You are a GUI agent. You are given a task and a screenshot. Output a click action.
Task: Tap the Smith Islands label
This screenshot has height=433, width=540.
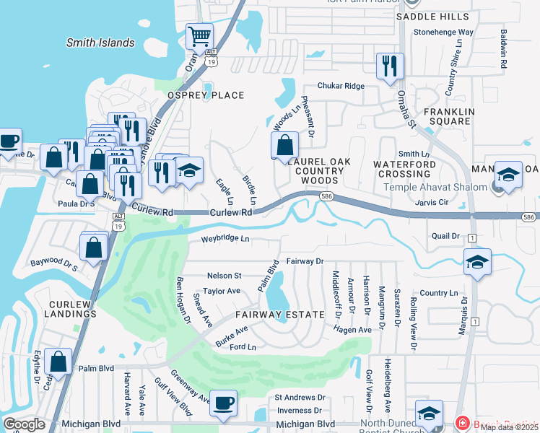click(100, 43)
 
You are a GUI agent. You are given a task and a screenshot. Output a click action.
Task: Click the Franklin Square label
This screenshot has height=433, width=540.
click(449, 117)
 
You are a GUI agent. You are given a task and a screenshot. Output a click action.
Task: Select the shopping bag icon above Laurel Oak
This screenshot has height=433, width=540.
click(285, 144)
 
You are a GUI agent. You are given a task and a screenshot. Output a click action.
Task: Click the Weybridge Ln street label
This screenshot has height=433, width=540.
click(225, 238)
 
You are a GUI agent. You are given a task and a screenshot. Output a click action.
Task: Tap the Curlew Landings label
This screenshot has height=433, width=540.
click(70, 309)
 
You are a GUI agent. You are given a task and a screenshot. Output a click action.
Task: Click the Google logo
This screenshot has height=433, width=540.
click(24, 424)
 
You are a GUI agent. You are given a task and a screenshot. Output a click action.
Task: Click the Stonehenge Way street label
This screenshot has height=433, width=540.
click(443, 32)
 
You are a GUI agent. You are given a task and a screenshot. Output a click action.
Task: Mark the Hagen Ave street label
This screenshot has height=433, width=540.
click(352, 330)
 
